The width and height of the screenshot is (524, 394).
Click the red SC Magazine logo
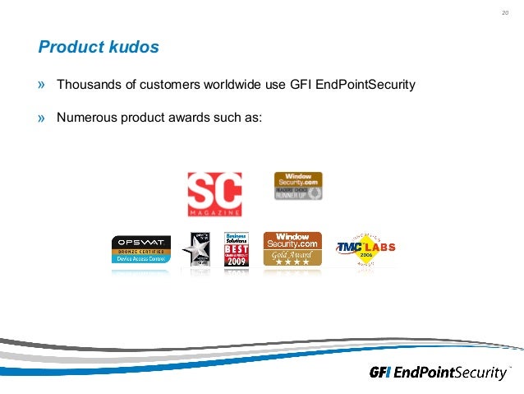(214, 194)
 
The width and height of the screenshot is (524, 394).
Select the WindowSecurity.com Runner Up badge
(297, 186)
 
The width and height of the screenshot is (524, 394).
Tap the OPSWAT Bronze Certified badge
(141, 249)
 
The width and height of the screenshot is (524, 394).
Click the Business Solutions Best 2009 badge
(236, 249)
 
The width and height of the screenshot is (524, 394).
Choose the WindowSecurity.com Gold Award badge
(292, 248)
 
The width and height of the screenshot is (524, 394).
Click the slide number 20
(503, 12)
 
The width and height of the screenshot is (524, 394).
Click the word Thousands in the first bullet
(89, 85)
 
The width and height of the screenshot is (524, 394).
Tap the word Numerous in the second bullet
(86, 117)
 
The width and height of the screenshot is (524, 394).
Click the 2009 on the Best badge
(236, 262)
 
